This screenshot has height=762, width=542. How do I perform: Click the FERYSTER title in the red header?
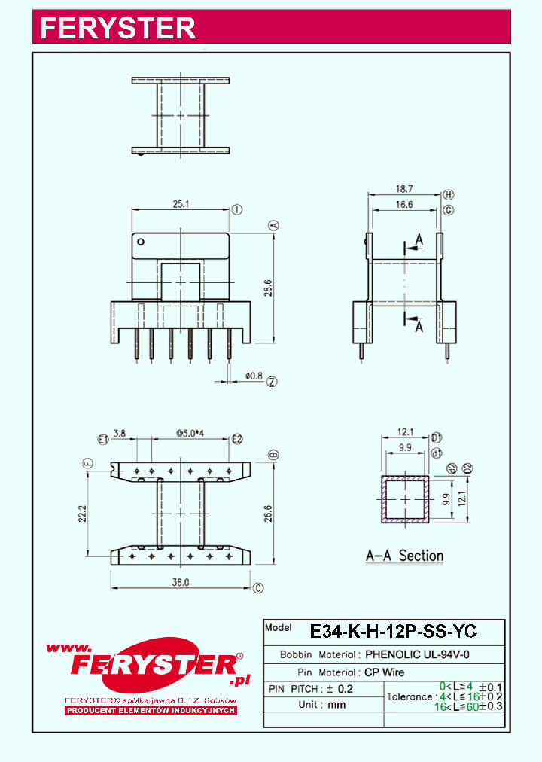[x=117, y=28]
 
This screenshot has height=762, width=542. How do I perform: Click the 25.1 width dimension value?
[x=181, y=204]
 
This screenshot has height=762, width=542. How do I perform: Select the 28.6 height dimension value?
[x=267, y=288]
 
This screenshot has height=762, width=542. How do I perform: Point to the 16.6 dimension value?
[x=403, y=204]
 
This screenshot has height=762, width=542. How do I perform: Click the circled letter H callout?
[x=448, y=194]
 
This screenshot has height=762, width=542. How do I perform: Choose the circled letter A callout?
[x=274, y=225]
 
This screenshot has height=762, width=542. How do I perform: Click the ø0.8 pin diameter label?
[x=254, y=376]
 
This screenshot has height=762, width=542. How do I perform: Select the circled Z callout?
[x=272, y=382]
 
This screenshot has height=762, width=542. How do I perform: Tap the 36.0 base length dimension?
[x=180, y=582]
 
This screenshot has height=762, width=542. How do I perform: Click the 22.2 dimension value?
[x=83, y=514]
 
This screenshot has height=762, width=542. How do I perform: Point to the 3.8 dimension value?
[x=120, y=434]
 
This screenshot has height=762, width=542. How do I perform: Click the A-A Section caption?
[x=404, y=556]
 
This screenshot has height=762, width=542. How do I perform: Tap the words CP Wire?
[x=385, y=672]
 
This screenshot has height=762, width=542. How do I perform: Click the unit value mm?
[x=336, y=705]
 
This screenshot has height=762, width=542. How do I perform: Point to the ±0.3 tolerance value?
[x=490, y=706]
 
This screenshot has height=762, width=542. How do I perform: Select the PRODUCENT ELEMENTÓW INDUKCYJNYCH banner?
[x=151, y=710]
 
